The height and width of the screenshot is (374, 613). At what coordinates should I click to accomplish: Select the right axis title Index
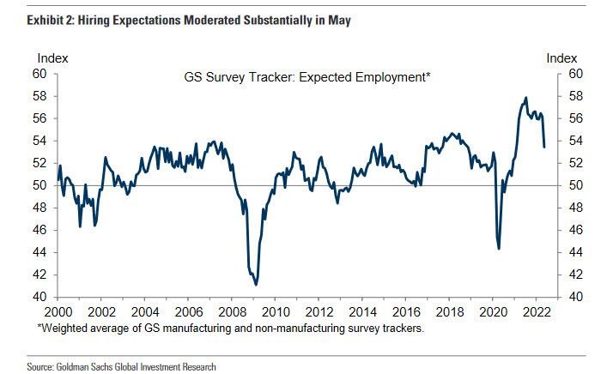tap(561, 58)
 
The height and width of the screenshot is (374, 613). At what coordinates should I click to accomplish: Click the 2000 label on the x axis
tap(59, 311)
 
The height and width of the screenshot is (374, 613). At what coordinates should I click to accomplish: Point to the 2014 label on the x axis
tap(363, 311)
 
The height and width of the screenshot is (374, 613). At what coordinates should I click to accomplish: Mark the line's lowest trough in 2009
tap(257, 284)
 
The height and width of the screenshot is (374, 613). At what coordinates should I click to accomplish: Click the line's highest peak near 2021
tap(525, 98)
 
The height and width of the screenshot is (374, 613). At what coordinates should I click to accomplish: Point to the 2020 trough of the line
tap(499, 248)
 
